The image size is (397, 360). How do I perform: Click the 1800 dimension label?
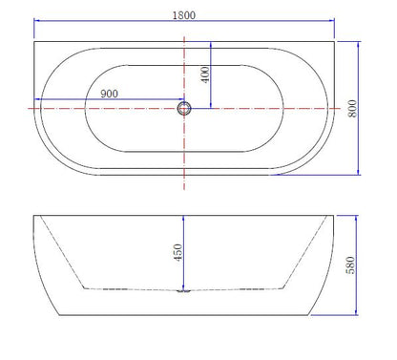point(184,15)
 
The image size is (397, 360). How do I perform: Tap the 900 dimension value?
point(109,94)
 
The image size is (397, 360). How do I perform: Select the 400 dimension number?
point(205,74)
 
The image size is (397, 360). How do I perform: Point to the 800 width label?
point(352,108)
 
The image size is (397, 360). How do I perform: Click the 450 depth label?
point(178,252)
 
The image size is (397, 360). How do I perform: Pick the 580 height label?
point(350,265)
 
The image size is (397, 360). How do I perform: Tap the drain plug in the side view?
point(184,290)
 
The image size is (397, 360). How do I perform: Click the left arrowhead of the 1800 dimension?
point(36,21)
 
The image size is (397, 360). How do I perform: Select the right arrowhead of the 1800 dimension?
point(332,21)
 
